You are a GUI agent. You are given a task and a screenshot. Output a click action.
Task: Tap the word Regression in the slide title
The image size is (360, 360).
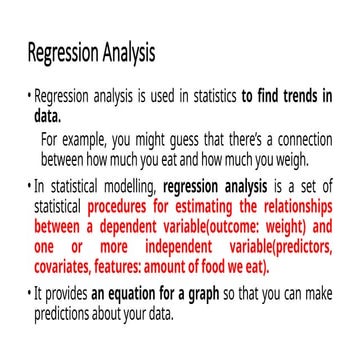(63, 51)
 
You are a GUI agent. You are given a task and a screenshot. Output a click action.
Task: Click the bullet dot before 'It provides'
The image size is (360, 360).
(29, 295)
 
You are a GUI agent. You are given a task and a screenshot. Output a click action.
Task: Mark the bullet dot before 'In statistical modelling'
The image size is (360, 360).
(29, 186)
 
